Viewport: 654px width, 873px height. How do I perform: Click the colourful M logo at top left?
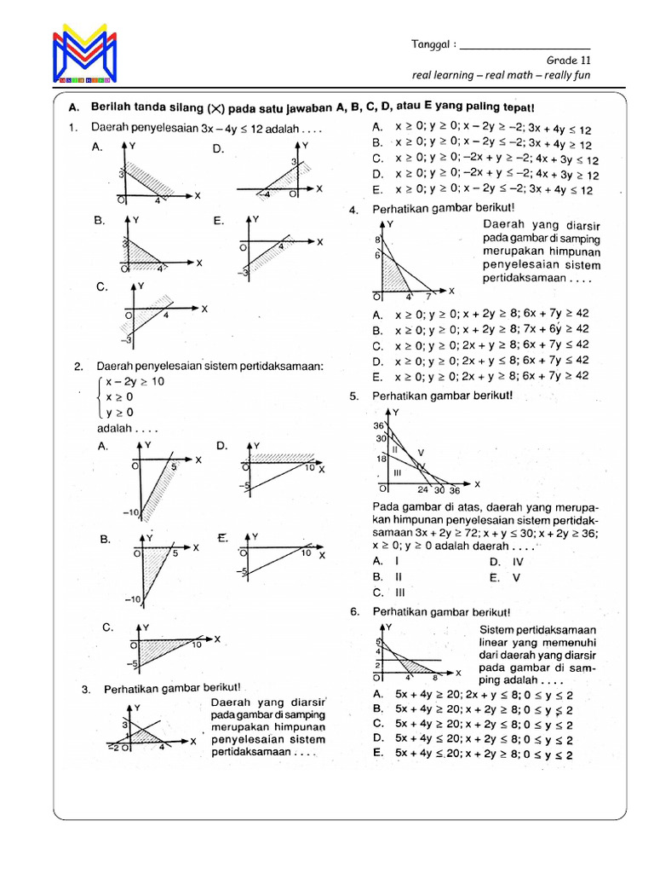point(84,56)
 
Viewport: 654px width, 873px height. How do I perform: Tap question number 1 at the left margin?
point(76,128)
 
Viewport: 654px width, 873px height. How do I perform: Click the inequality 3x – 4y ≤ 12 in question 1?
point(232,128)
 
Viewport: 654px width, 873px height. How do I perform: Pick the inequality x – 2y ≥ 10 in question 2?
point(135,382)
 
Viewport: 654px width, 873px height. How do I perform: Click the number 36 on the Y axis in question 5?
point(379,425)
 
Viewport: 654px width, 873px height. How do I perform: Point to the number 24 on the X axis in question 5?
point(422,490)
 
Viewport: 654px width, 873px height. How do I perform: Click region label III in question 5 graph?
point(398,471)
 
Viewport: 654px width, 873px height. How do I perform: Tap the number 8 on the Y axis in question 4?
point(378,241)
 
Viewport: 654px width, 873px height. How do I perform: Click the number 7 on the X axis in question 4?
point(428,297)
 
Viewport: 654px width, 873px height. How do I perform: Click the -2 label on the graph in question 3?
point(112,748)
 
